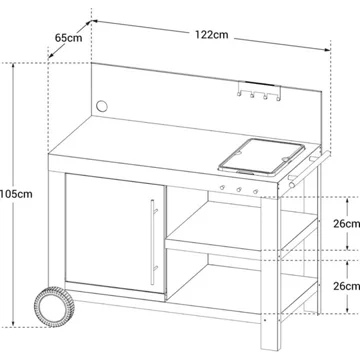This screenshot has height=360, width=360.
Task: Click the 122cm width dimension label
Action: coord(212,35)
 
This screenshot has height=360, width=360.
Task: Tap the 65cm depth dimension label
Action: coord(68,38)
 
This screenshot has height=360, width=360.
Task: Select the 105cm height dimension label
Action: coord(16,194)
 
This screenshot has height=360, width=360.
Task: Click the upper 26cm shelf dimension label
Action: coord(347,224)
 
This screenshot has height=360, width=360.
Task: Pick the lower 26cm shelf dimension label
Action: coord(347,286)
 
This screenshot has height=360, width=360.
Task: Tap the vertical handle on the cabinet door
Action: coord(153,242)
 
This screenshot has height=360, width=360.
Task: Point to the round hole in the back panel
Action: coord(102,106)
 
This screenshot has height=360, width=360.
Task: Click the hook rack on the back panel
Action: coord(259,91)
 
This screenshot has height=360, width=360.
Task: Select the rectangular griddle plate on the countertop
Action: coord(262,157)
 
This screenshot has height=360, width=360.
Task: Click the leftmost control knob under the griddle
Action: coord(222,188)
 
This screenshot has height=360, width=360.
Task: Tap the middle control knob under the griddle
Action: coord(239,190)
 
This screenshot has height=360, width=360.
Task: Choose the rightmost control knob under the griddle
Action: coord(255,192)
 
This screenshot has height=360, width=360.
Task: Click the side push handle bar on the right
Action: coord(309,169)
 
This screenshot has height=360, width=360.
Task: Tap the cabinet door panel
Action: coord(115,233)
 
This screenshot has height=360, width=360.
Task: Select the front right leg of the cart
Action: coord(270,273)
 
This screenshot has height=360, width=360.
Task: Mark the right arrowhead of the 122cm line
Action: coord(328,50)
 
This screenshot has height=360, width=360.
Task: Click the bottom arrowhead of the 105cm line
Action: coord(13,324)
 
